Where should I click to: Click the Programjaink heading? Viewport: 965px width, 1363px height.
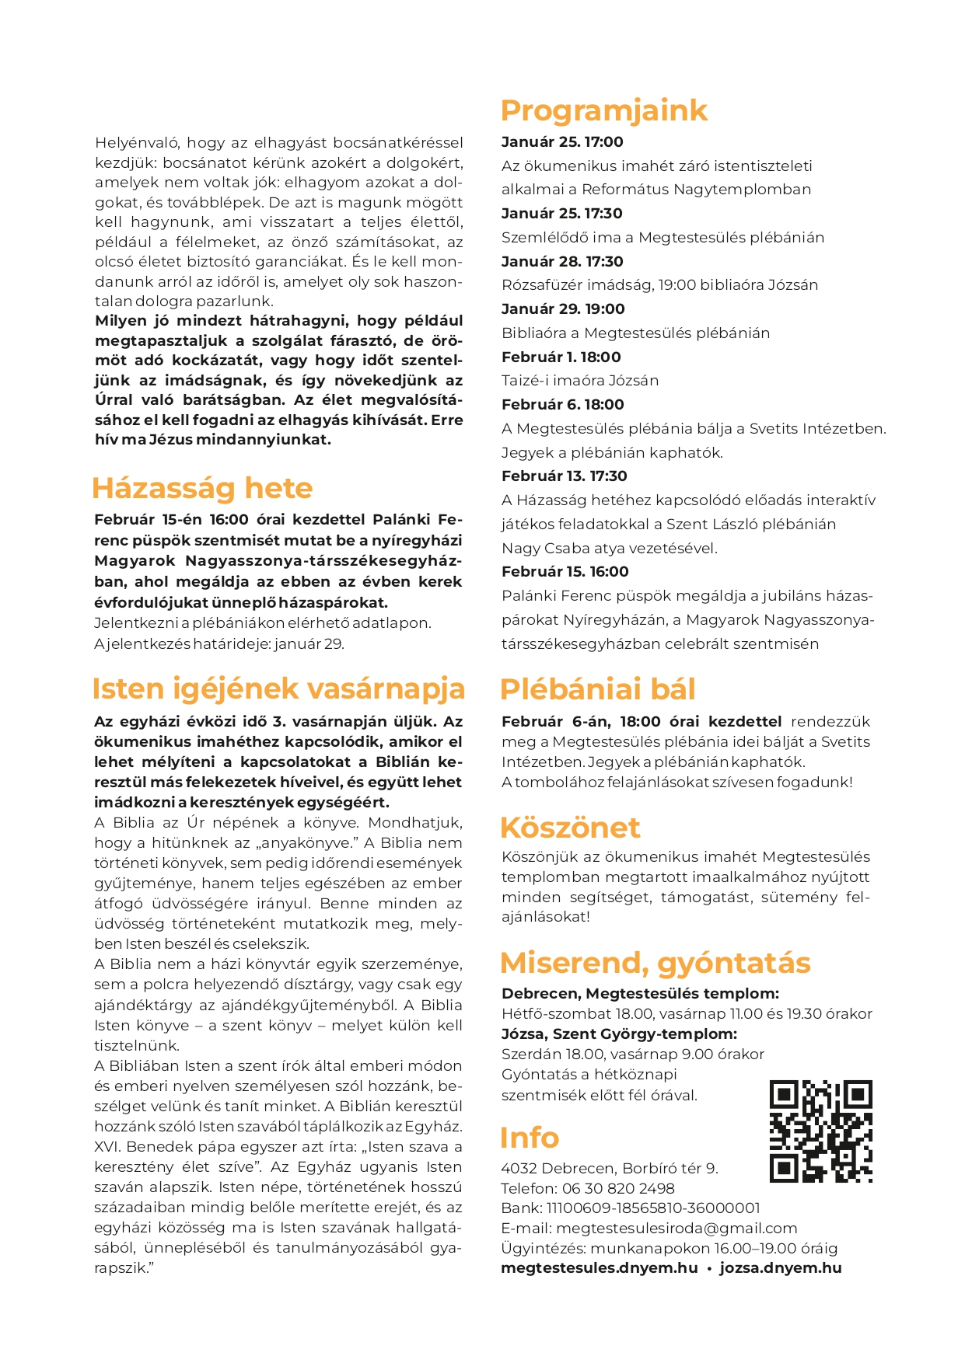coord(603,111)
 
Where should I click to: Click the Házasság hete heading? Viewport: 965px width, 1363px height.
coord(202,488)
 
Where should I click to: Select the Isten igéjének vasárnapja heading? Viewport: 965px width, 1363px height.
coord(278,688)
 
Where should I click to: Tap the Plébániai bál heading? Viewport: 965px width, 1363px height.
coord(597,689)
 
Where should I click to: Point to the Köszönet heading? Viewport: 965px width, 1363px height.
coord(570,828)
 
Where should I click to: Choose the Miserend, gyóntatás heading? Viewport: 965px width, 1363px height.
coord(655,963)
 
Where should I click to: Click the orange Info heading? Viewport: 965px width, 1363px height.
coord(530,1138)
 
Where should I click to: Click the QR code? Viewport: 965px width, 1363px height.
coord(820,1131)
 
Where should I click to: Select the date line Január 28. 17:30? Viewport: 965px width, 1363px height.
coord(562,261)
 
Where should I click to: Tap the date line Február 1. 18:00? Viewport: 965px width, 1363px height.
coord(561,357)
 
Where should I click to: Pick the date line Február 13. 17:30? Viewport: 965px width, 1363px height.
coord(564,476)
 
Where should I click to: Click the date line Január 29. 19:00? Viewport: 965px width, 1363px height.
coord(563,309)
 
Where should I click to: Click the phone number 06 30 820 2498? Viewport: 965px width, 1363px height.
coord(618,1188)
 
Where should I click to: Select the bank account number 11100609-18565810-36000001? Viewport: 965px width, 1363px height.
coord(653,1208)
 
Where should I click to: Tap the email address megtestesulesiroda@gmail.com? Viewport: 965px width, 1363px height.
coord(677,1228)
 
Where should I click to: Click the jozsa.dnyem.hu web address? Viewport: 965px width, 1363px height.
coord(780,1268)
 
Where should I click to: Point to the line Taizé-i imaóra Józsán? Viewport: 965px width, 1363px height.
coord(580,380)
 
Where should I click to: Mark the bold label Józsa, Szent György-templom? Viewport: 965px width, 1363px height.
coord(619,1034)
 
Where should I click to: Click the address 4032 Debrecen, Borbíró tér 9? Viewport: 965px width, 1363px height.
coord(610,1168)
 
